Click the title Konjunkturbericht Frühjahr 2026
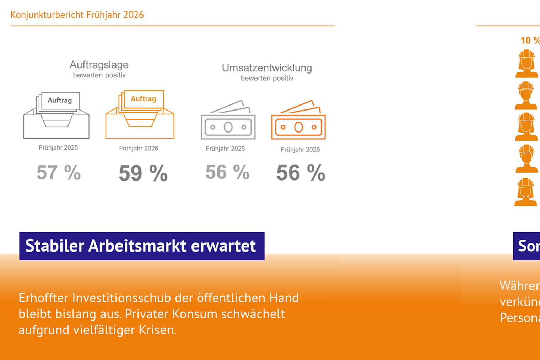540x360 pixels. [77, 15]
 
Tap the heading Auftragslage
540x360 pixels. [99, 65]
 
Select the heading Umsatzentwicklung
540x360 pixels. [267, 68]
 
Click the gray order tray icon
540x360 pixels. [56, 116]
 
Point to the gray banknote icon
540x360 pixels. [228, 121]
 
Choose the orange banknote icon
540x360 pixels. [298, 121]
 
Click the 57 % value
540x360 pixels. [59, 173]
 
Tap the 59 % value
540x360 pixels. [143, 173]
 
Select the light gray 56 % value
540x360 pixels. [227, 172]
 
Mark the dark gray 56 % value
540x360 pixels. [301, 173]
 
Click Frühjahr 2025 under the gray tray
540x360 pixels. [58, 147]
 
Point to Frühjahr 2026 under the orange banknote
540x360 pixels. [300, 150]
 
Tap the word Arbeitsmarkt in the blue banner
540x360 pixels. [137, 246]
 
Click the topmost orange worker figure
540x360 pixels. [526, 64]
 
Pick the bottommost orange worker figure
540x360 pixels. [526, 192]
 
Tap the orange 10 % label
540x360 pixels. [530, 41]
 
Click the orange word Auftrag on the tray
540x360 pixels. [143, 99]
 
